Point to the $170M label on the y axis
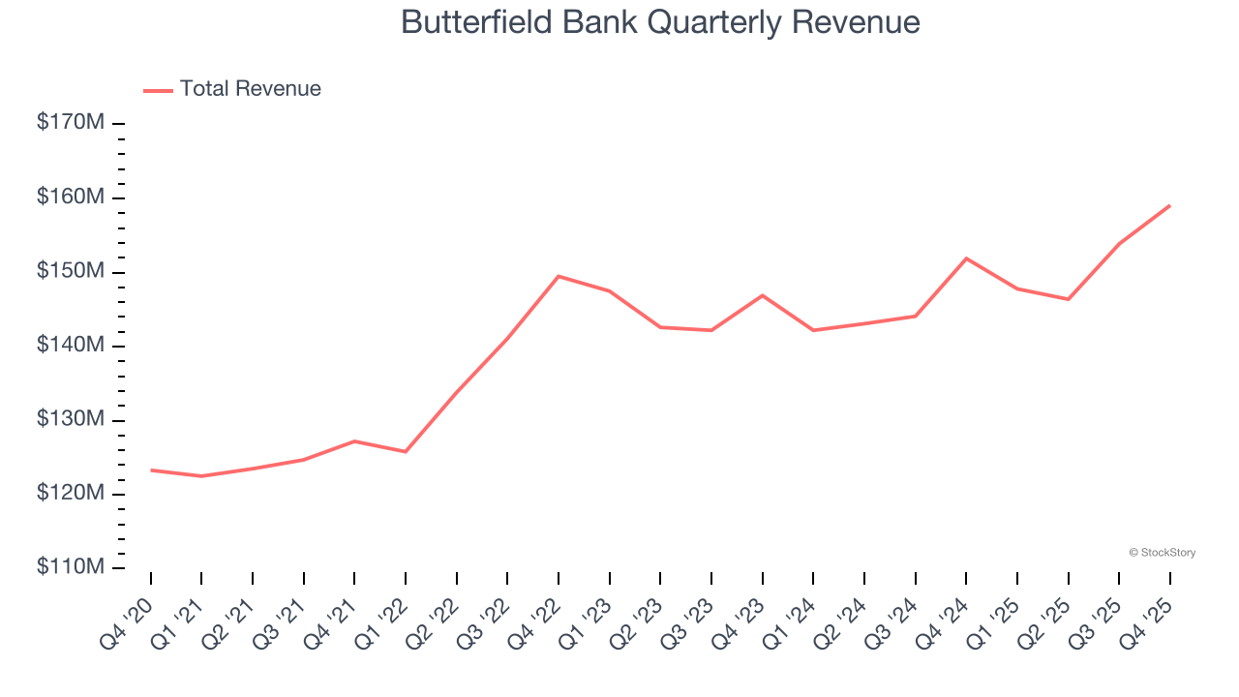71,123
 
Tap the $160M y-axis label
71,197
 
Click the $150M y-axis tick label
71,272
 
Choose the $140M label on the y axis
71,346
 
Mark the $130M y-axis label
71,420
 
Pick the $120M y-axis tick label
71,494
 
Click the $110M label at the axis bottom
71,567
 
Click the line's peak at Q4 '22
559,276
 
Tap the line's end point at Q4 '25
1169,205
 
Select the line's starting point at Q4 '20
151,470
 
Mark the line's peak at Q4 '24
966,258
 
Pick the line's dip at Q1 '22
405,451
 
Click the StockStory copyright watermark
1162,553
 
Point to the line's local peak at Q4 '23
763,295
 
